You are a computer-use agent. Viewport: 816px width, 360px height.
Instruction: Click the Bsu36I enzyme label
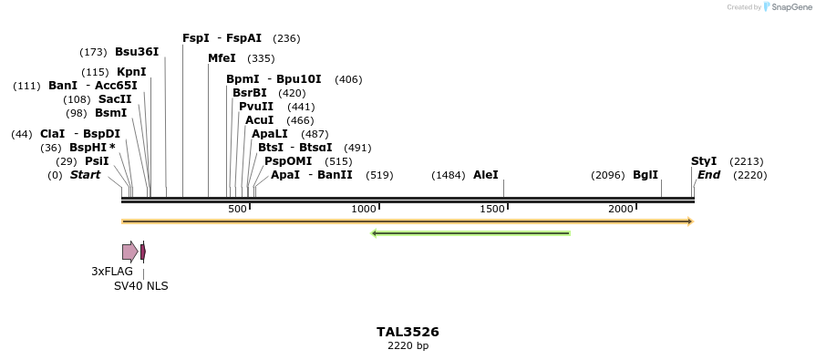click(137, 52)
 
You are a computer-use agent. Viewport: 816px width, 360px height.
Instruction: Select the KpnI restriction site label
click(131, 72)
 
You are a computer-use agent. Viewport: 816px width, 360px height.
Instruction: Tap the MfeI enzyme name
click(222, 58)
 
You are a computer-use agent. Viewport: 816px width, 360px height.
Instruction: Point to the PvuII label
click(256, 107)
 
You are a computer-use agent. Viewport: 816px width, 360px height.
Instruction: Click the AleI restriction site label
click(486, 175)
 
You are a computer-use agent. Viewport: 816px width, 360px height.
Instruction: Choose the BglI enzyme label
click(646, 175)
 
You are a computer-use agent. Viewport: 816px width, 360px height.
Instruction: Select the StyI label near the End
click(704, 161)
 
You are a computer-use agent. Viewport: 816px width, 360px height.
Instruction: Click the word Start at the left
click(85, 175)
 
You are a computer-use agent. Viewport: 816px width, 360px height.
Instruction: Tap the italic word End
click(708, 175)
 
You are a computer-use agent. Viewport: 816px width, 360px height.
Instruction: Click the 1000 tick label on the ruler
click(364, 210)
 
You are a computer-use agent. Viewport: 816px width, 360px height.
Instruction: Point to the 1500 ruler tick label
click(492, 210)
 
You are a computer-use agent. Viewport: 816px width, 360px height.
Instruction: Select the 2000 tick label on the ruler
click(621, 210)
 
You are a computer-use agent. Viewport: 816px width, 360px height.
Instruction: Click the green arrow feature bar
click(470, 233)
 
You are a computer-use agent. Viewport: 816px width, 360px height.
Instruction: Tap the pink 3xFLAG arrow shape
click(129, 252)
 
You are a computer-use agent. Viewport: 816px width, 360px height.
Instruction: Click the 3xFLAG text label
click(112, 272)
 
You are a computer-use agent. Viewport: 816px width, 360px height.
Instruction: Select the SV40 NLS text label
click(140, 286)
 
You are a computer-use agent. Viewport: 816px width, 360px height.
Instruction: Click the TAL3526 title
click(408, 332)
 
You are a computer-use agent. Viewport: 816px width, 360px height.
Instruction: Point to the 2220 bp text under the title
click(408, 346)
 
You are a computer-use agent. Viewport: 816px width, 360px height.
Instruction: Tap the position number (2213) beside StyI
click(746, 161)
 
